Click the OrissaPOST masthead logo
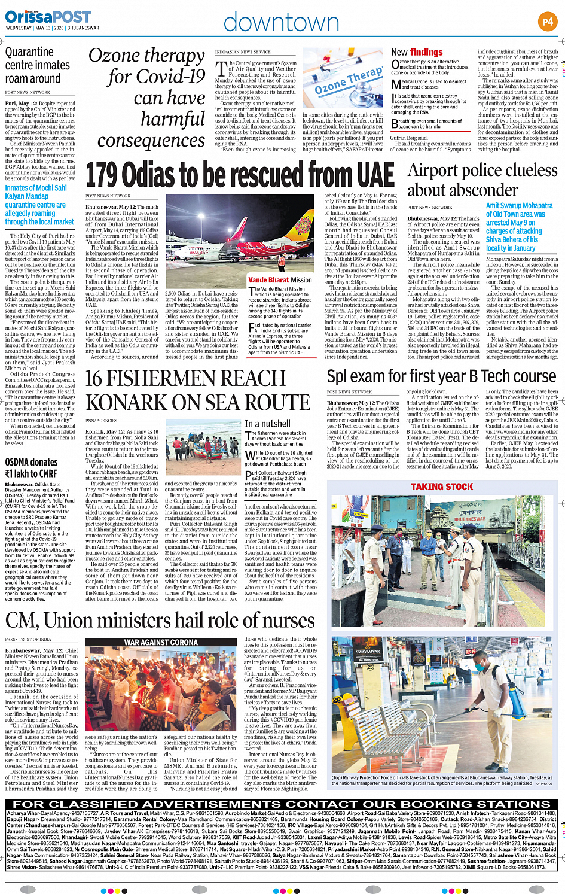coord(48,16)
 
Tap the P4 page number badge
coord(548,22)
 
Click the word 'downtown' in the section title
coord(281,23)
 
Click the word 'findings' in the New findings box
coord(426,52)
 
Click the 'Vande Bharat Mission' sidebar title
coord(280,279)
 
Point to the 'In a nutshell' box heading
coord(267,423)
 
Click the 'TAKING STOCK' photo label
coord(442,487)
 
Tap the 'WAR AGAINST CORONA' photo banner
coord(161,642)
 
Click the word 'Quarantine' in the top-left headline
coord(29,52)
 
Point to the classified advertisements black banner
coord(282,804)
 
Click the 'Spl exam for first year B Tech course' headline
coord(442,376)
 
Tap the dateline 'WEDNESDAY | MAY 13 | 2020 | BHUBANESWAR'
coord(52,28)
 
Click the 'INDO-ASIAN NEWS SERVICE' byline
coord(243,52)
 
